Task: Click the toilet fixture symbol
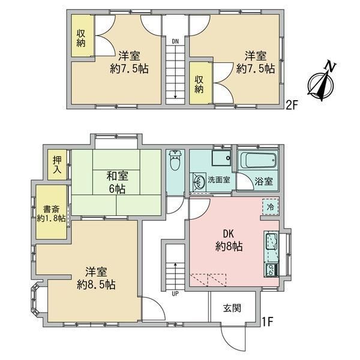[176, 160]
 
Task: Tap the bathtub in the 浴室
[258, 160]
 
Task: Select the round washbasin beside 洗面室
[199, 181]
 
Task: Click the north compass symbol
[322, 82]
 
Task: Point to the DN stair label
[175, 41]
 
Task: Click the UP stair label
[175, 293]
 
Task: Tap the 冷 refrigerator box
[271, 207]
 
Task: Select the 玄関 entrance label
[232, 308]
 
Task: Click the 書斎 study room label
[52, 209]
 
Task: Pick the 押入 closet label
[57, 164]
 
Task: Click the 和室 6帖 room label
[117, 182]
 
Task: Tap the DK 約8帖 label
[229, 241]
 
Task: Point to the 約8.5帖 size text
[96, 285]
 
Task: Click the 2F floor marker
[292, 106]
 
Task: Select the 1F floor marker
[268, 322]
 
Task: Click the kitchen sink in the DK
[272, 241]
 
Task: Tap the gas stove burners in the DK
[271, 271]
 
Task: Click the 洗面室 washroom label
[219, 180]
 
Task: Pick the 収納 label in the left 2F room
[81, 38]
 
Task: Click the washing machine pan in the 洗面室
[221, 158]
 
